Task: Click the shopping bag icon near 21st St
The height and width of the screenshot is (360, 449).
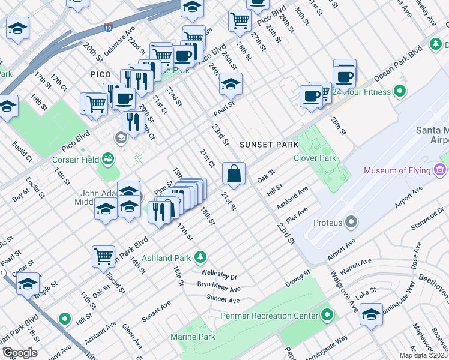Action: pyautogui.click(x=234, y=173)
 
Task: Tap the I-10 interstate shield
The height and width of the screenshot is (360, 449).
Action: pyautogui.click(x=107, y=28)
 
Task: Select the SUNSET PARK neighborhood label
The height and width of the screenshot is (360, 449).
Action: pyautogui.click(x=268, y=145)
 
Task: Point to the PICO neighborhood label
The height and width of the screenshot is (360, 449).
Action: pyautogui.click(x=101, y=74)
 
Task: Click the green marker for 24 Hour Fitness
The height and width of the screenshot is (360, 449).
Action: pyautogui.click(x=399, y=92)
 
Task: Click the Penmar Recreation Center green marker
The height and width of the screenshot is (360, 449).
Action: pyautogui.click(x=327, y=315)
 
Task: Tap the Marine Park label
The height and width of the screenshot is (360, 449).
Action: pyautogui.click(x=193, y=337)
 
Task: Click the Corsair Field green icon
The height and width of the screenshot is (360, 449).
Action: pyautogui.click(x=107, y=159)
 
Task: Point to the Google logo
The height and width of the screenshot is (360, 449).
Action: pyautogui.click(x=19, y=353)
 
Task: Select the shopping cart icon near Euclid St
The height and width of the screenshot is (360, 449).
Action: pyautogui.click(x=103, y=256)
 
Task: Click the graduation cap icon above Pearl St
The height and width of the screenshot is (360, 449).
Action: pyautogui.click(x=230, y=84)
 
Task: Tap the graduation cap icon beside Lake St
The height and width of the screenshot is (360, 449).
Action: pyautogui.click(x=372, y=314)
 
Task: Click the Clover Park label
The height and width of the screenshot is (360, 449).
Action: pyautogui.click(x=313, y=158)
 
